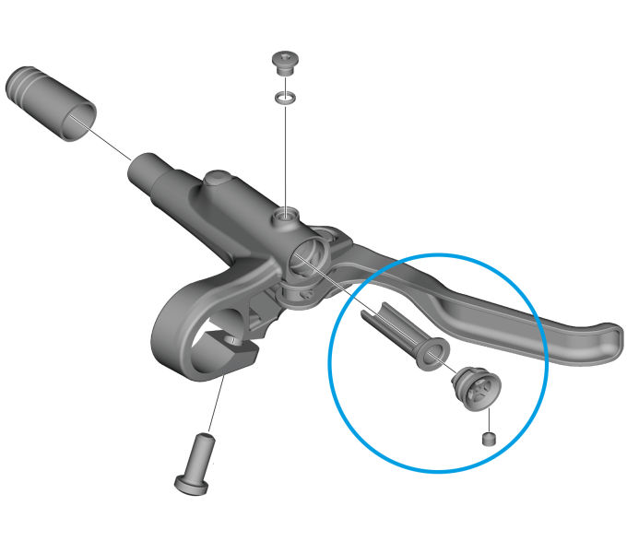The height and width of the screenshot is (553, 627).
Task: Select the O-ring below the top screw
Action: [x=287, y=96]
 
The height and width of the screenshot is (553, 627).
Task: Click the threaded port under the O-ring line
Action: [x=286, y=218]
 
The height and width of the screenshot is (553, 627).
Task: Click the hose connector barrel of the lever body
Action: [x=153, y=171]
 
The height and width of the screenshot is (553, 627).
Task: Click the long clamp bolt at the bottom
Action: [x=199, y=461]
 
